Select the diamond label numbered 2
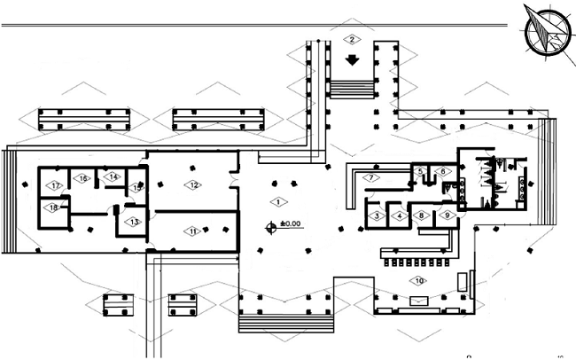pos(352,39)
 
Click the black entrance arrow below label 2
pos(352,62)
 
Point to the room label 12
pos(191,184)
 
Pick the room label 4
pos(400,215)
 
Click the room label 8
pos(423,215)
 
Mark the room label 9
pos(447,215)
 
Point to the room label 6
pos(441,171)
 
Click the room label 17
pos(55,185)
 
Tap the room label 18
pos(53,207)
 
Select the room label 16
pos(84,178)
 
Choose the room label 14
pos(113,176)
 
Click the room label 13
pos(133,221)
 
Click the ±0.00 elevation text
pos(292,224)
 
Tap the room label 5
pos(420,171)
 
